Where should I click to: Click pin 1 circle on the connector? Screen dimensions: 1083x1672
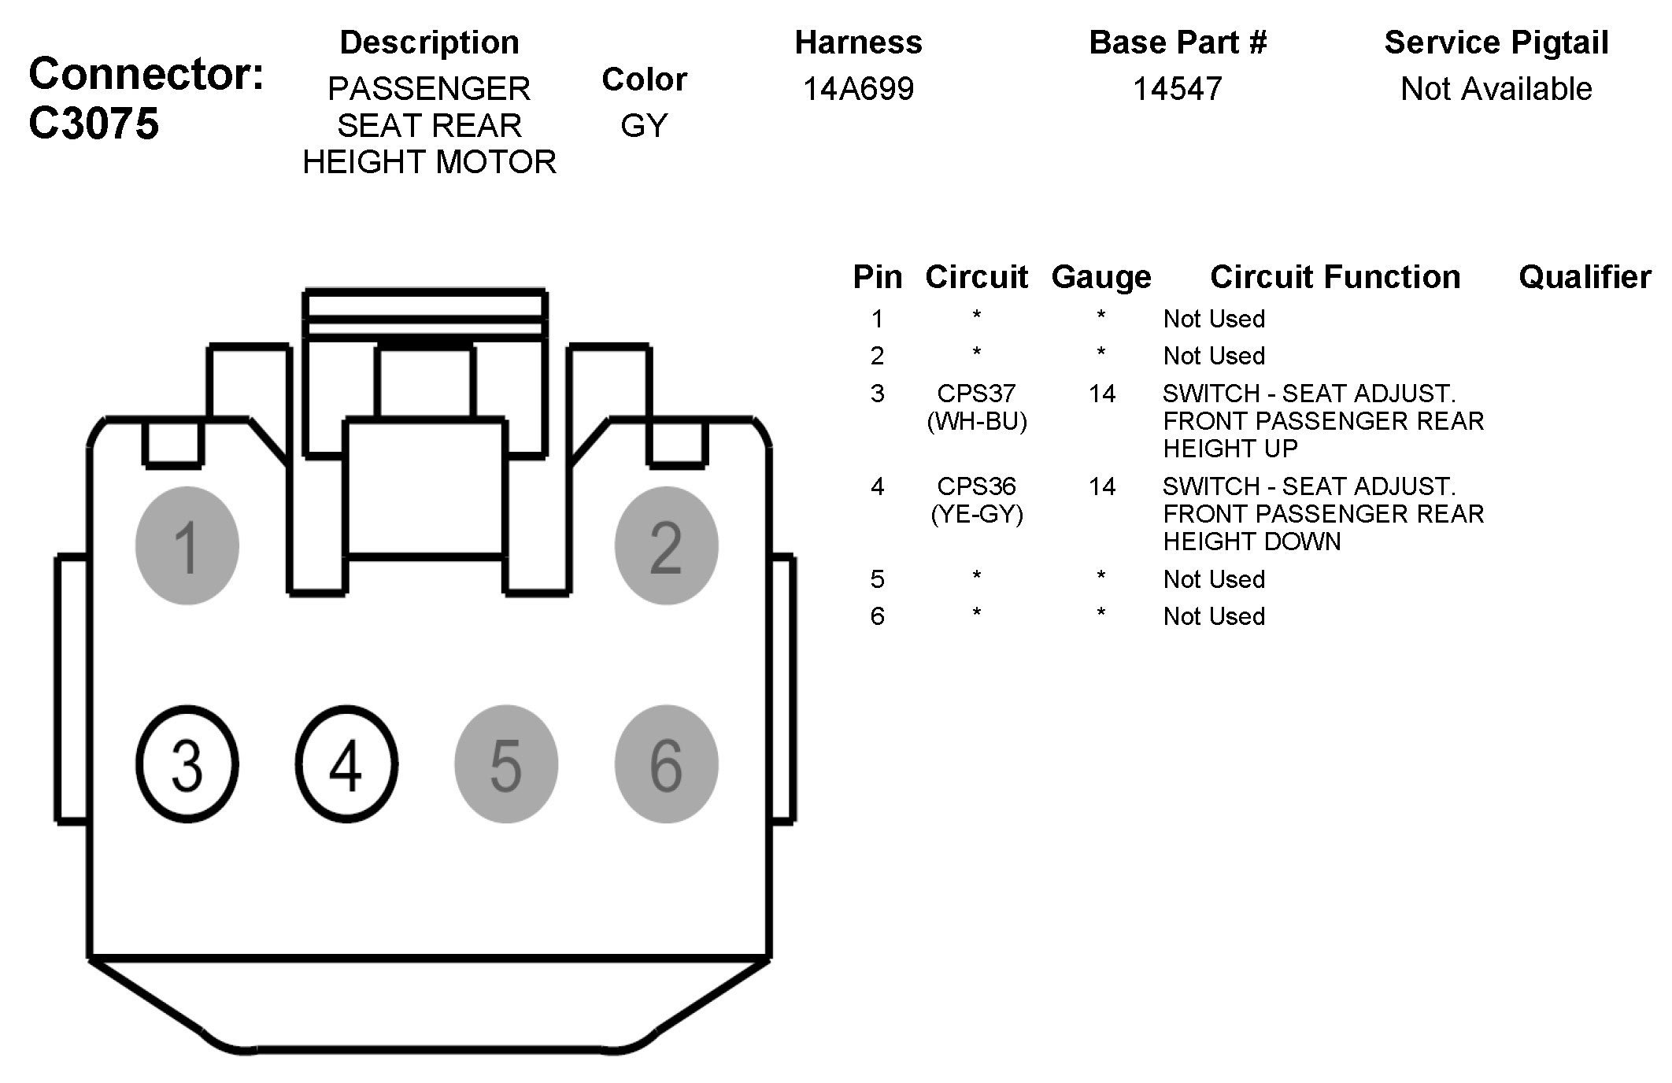pyautogui.click(x=187, y=545)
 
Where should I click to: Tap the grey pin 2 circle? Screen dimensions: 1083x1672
pyautogui.click(x=666, y=545)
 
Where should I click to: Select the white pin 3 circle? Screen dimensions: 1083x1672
pyautogui.click(x=187, y=764)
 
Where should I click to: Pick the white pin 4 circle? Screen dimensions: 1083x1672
pyautogui.click(x=346, y=764)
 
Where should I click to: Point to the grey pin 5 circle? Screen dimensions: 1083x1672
pyautogui.click(x=506, y=764)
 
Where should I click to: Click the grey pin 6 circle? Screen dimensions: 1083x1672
pyautogui.click(x=666, y=764)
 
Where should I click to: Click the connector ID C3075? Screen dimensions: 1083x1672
pyautogui.click(x=94, y=124)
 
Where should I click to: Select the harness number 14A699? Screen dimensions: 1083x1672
pyautogui.click(x=858, y=89)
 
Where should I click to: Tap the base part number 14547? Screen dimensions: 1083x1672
pyautogui.click(x=1178, y=89)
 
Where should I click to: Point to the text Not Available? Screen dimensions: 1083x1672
pyautogui.click(x=1496, y=89)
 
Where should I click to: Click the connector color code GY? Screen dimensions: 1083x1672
pyautogui.click(x=644, y=126)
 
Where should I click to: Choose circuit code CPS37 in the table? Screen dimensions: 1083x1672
pyautogui.click(x=976, y=393)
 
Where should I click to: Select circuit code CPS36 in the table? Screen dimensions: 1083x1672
pyautogui.click(x=976, y=486)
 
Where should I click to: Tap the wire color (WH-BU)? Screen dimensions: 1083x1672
pyautogui.click(x=977, y=421)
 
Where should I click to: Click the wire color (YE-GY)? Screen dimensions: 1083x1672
pyautogui.click(x=977, y=514)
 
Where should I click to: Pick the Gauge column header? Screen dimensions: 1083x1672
pyautogui.click(x=1101, y=277)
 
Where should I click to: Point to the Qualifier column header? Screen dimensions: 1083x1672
pyautogui.click(x=1585, y=277)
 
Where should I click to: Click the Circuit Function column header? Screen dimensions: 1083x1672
pyautogui.click(x=1335, y=277)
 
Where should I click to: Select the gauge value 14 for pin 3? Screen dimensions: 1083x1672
pyautogui.click(x=1102, y=393)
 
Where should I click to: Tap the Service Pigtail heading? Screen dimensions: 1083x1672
pyautogui.click(x=1496, y=43)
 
